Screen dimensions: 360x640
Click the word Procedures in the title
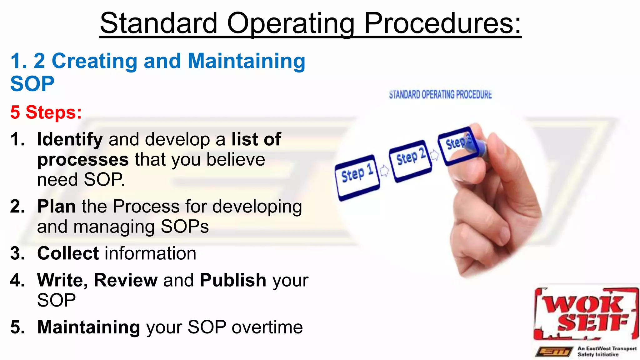pyautogui.click(x=442, y=24)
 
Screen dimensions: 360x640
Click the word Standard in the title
pyautogui.click(x=158, y=24)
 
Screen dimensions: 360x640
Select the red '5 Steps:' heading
pyautogui.click(x=46, y=112)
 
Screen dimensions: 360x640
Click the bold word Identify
pyautogui.click(x=70, y=139)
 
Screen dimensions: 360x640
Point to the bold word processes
pyautogui.click(x=83, y=160)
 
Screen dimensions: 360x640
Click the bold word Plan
pyautogui.click(x=56, y=207)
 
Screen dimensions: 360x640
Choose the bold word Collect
pyautogui.click(x=68, y=253)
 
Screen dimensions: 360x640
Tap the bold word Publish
pyautogui.click(x=233, y=280)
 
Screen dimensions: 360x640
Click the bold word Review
pyautogui.click(x=126, y=280)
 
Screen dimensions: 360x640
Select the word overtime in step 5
pyautogui.click(x=267, y=327)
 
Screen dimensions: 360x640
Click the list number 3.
pyautogui.click(x=17, y=253)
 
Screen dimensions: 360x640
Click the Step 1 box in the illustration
pyautogui.click(x=357, y=177)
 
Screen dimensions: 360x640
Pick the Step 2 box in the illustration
pyautogui.click(x=410, y=160)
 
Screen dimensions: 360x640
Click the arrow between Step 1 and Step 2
pyautogui.click(x=384, y=170)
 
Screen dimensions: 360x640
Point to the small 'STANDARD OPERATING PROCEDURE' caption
pyautogui.click(x=440, y=94)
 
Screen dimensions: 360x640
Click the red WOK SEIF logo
pyautogui.click(x=585, y=314)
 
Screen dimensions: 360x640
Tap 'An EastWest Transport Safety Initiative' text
pyautogui.click(x=606, y=351)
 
